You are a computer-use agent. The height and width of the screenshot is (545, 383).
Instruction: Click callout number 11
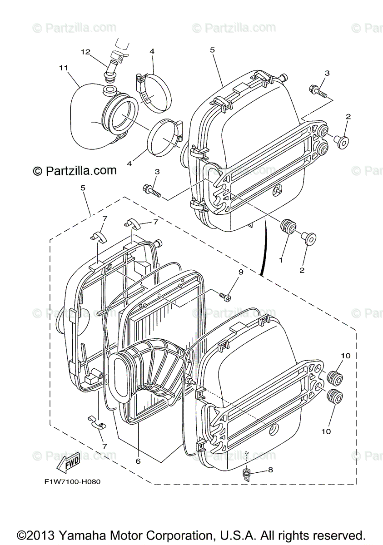[x=63, y=68]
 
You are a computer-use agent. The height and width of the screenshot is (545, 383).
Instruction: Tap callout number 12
[x=86, y=52]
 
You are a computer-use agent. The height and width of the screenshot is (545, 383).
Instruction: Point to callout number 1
[x=281, y=261]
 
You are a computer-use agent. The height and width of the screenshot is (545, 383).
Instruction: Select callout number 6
[x=138, y=461]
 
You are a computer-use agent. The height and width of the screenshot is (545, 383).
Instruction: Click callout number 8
[x=270, y=470]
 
